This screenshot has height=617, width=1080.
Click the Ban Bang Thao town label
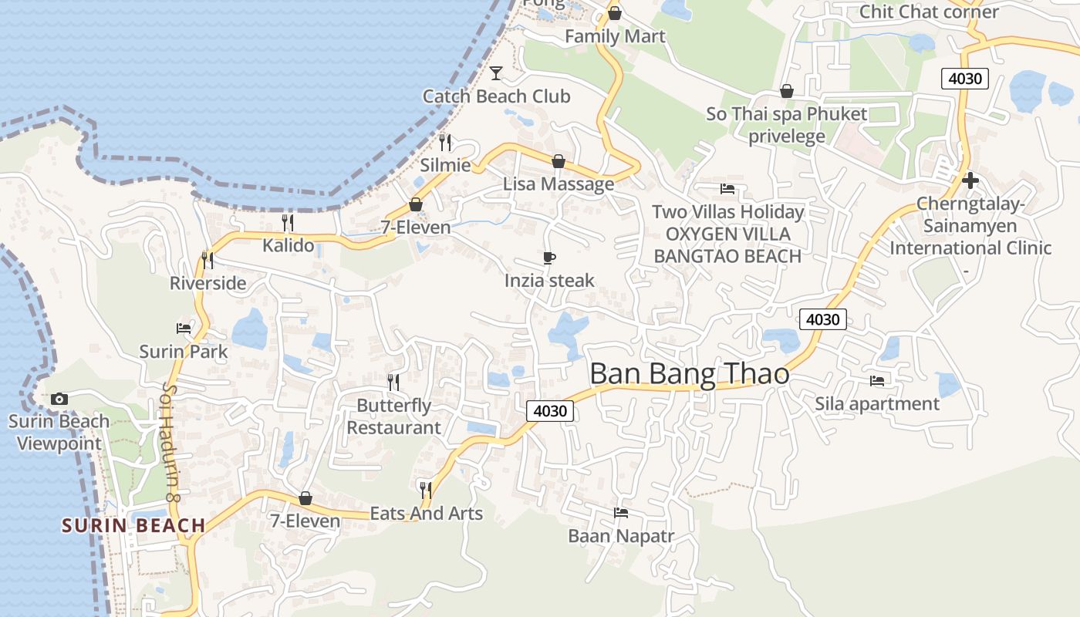point(689,374)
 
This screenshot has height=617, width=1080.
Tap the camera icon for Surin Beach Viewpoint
point(59,399)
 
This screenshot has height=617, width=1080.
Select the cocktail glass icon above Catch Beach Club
point(496,73)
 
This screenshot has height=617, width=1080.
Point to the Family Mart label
point(615,36)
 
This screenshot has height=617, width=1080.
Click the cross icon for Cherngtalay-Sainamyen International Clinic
point(970,181)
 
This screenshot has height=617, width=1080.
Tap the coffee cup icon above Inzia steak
point(549,258)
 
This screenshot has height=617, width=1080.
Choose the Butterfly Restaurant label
point(393,416)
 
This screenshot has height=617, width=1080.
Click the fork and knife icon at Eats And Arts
point(425,489)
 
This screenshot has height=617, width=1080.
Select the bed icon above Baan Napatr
point(620,513)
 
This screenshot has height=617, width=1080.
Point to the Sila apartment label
point(877,403)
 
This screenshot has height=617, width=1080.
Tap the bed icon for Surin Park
point(184,329)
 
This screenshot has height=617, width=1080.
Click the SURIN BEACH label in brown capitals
point(133,526)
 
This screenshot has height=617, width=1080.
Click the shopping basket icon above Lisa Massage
point(559,161)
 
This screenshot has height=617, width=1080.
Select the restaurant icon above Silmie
point(445,142)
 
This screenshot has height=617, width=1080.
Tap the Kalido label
point(288,245)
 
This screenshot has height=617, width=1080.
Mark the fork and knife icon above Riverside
point(208,260)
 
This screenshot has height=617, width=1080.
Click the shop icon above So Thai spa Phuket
point(787,91)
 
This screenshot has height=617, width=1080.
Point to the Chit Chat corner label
point(929,12)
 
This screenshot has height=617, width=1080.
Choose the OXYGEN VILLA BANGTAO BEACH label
point(728,245)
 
